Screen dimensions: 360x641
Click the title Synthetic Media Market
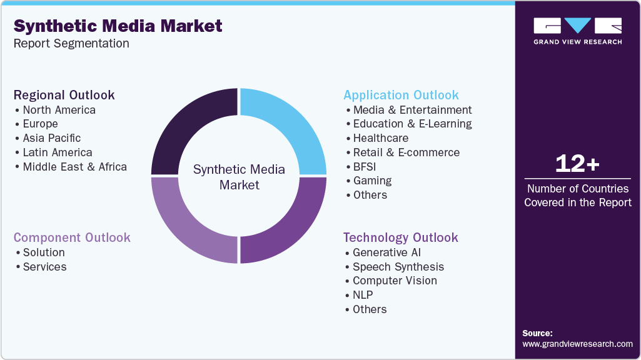[118, 26]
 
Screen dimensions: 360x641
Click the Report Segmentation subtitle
[71, 43]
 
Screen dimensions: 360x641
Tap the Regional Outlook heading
[64, 95]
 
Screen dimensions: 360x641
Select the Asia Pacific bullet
[52, 138]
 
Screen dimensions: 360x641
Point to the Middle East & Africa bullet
[74, 167]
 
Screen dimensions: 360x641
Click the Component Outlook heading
[72, 237]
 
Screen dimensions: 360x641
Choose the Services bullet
[44, 267]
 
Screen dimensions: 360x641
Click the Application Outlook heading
[401, 95]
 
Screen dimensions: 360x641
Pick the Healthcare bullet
[380, 138]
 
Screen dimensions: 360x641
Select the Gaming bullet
[372, 181]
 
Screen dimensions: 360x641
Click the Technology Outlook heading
[400, 237]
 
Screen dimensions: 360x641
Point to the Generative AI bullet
[386, 252]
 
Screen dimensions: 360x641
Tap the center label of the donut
[239, 177]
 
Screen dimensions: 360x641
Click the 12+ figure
[577, 164]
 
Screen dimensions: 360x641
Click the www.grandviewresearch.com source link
[577, 344]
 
